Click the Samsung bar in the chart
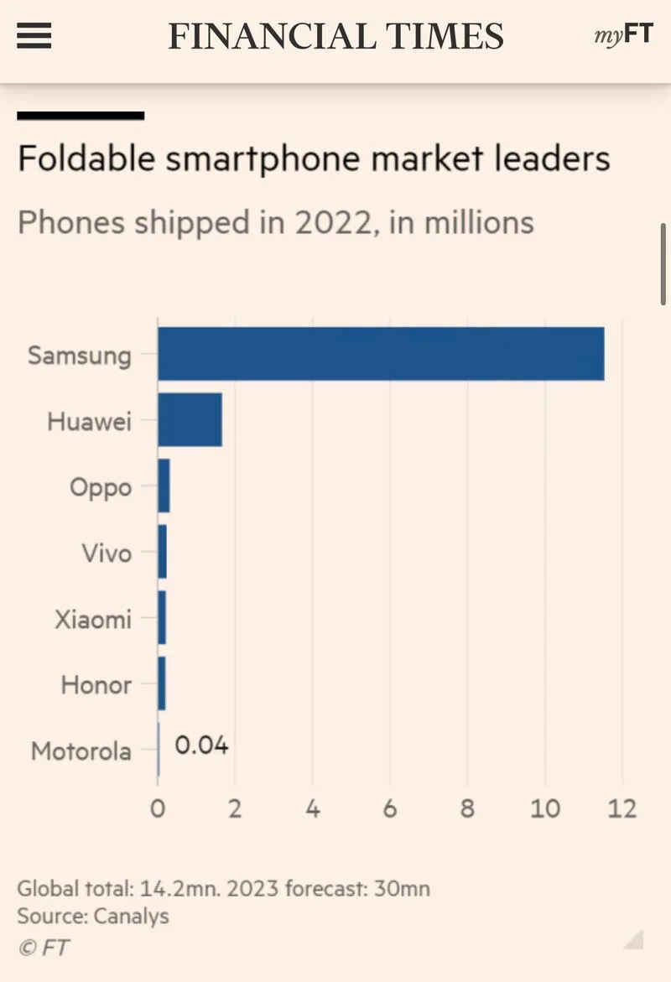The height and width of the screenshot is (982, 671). tap(381, 354)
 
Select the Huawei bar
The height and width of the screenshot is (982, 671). tap(190, 419)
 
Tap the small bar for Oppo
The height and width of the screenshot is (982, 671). tap(164, 486)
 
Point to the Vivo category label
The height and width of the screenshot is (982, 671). tap(107, 553)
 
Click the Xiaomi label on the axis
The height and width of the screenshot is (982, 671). tap(93, 620)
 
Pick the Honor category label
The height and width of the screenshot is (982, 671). tap(96, 685)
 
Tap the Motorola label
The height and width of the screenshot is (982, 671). tap(81, 751)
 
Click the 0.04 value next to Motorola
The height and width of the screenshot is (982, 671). tap(201, 746)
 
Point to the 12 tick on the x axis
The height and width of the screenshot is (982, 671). tap(622, 808)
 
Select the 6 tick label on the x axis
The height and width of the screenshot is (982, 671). tap(390, 808)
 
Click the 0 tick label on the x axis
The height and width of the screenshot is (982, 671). tap(158, 808)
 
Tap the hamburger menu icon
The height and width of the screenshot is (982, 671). tap(34, 36)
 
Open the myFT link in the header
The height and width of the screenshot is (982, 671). tap(623, 36)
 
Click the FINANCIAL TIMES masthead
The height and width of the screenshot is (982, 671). tap(335, 36)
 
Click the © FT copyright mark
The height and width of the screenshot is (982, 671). tap(44, 948)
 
